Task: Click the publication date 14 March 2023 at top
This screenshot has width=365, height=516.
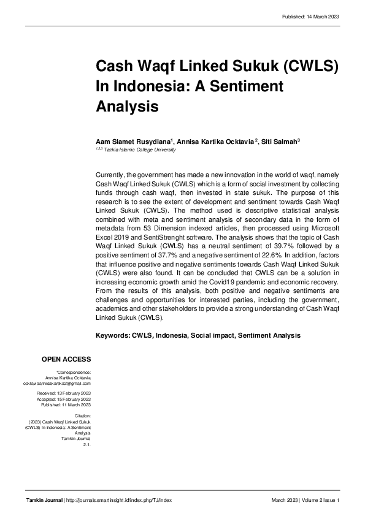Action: (322, 17)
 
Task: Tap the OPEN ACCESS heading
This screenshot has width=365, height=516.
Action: (66, 359)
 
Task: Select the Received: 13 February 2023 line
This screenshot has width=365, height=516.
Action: (64, 393)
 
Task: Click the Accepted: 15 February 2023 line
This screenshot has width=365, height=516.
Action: (64, 399)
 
